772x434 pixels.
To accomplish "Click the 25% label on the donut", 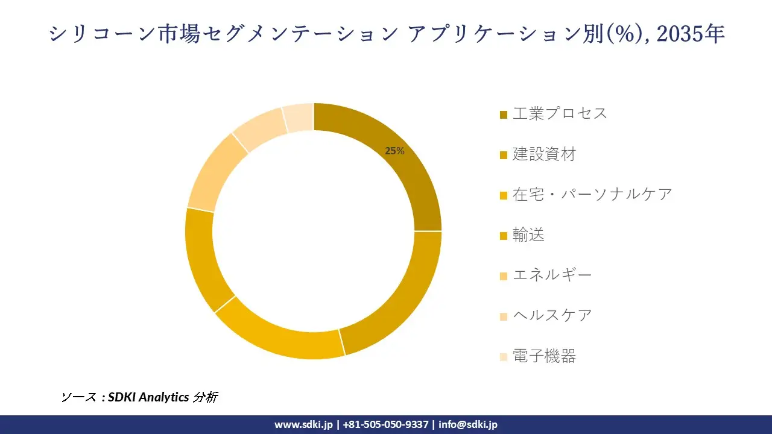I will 394,151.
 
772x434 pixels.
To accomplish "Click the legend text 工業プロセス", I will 560,113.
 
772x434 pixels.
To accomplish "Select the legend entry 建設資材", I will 544,154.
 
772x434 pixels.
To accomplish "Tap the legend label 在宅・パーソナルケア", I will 592,194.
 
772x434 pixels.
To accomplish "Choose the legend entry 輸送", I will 528,235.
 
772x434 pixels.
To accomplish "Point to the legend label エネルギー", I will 552,275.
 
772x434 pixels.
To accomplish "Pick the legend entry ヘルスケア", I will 552,315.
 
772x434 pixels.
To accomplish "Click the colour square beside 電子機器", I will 504,357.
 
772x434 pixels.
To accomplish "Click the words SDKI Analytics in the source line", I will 148,397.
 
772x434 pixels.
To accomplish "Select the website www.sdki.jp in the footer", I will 303,424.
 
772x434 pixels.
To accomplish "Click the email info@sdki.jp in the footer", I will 468,424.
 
